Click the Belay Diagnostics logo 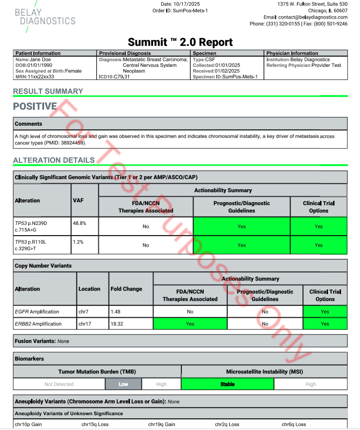[x=45, y=17]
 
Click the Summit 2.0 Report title [x=180, y=43]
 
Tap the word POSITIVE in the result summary [x=35, y=106]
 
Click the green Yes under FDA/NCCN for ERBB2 [x=190, y=324]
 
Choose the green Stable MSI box [x=227, y=384]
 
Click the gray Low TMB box [x=123, y=384]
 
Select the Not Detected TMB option [x=59, y=384]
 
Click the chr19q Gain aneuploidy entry [x=162, y=424]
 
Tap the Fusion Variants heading [x=35, y=341]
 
